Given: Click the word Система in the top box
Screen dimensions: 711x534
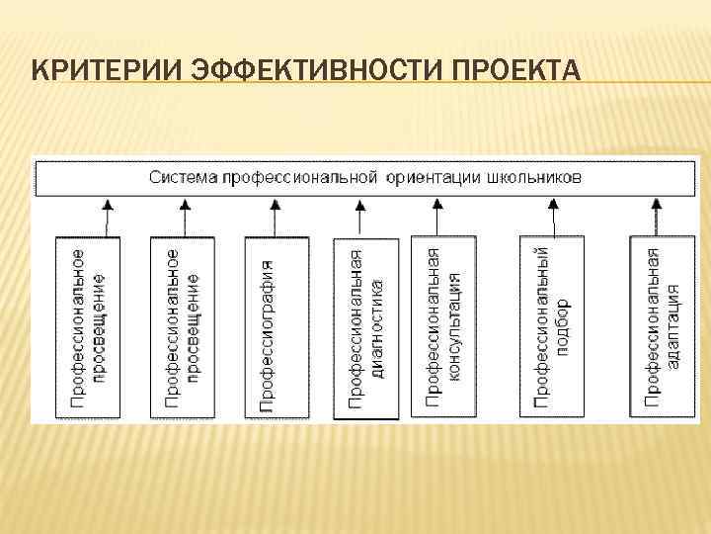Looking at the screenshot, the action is click(x=183, y=178).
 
